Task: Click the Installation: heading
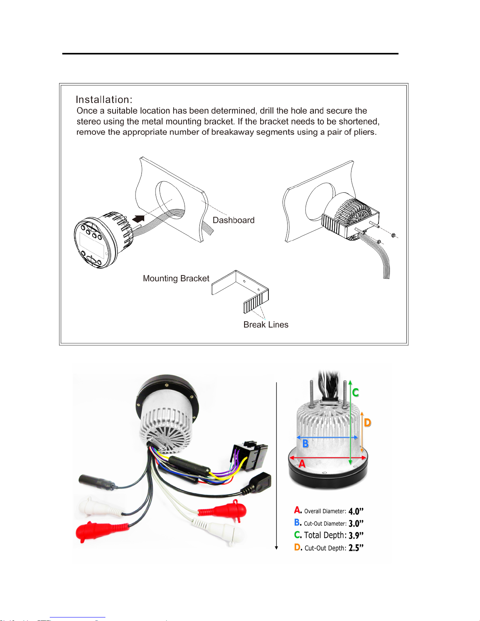(104, 100)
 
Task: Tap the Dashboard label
(234, 220)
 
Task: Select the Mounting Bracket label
(176, 278)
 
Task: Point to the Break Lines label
(266, 325)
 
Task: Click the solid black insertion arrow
(139, 219)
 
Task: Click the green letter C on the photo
(355, 393)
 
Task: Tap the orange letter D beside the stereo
(368, 422)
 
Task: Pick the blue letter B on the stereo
(305, 444)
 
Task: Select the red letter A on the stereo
(302, 463)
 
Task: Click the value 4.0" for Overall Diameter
(356, 511)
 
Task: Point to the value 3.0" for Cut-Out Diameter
(356, 523)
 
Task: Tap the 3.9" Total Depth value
(356, 535)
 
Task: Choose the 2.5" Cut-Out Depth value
(356, 548)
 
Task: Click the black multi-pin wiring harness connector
(250, 456)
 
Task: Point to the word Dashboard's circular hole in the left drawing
(170, 200)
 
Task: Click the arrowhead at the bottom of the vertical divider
(276, 548)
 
